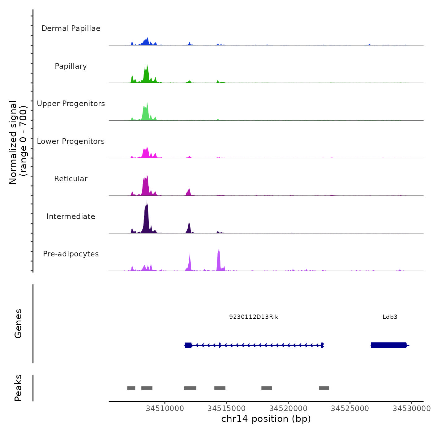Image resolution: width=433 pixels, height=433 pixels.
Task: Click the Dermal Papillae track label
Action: click(x=71, y=28)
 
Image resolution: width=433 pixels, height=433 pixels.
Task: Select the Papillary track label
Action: click(x=71, y=66)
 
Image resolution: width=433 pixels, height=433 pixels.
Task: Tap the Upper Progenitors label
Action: click(x=71, y=104)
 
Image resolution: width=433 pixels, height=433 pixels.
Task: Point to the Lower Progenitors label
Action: click(x=71, y=141)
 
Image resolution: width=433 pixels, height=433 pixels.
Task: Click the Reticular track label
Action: click(x=71, y=179)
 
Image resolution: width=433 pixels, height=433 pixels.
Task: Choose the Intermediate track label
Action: click(x=71, y=216)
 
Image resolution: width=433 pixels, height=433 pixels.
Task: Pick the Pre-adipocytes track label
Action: click(x=71, y=254)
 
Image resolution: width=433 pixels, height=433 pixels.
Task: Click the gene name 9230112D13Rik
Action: click(x=254, y=317)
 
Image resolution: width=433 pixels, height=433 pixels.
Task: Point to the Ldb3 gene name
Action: click(x=390, y=317)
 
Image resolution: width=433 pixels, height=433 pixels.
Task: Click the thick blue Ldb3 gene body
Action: click(x=388, y=345)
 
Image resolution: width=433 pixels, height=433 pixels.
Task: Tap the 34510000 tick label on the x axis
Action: click(x=165, y=409)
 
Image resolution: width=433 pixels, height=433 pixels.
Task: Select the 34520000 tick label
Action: click(x=288, y=409)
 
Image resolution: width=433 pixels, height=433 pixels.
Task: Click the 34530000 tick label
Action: click(x=411, y=409)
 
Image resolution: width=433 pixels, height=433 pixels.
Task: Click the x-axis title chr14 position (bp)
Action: click(x=266, y=419)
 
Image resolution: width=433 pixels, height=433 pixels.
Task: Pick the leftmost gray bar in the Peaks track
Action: click(x=131, y=388)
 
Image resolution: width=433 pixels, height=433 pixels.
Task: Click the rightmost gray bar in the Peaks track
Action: click(x=324, y=388)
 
